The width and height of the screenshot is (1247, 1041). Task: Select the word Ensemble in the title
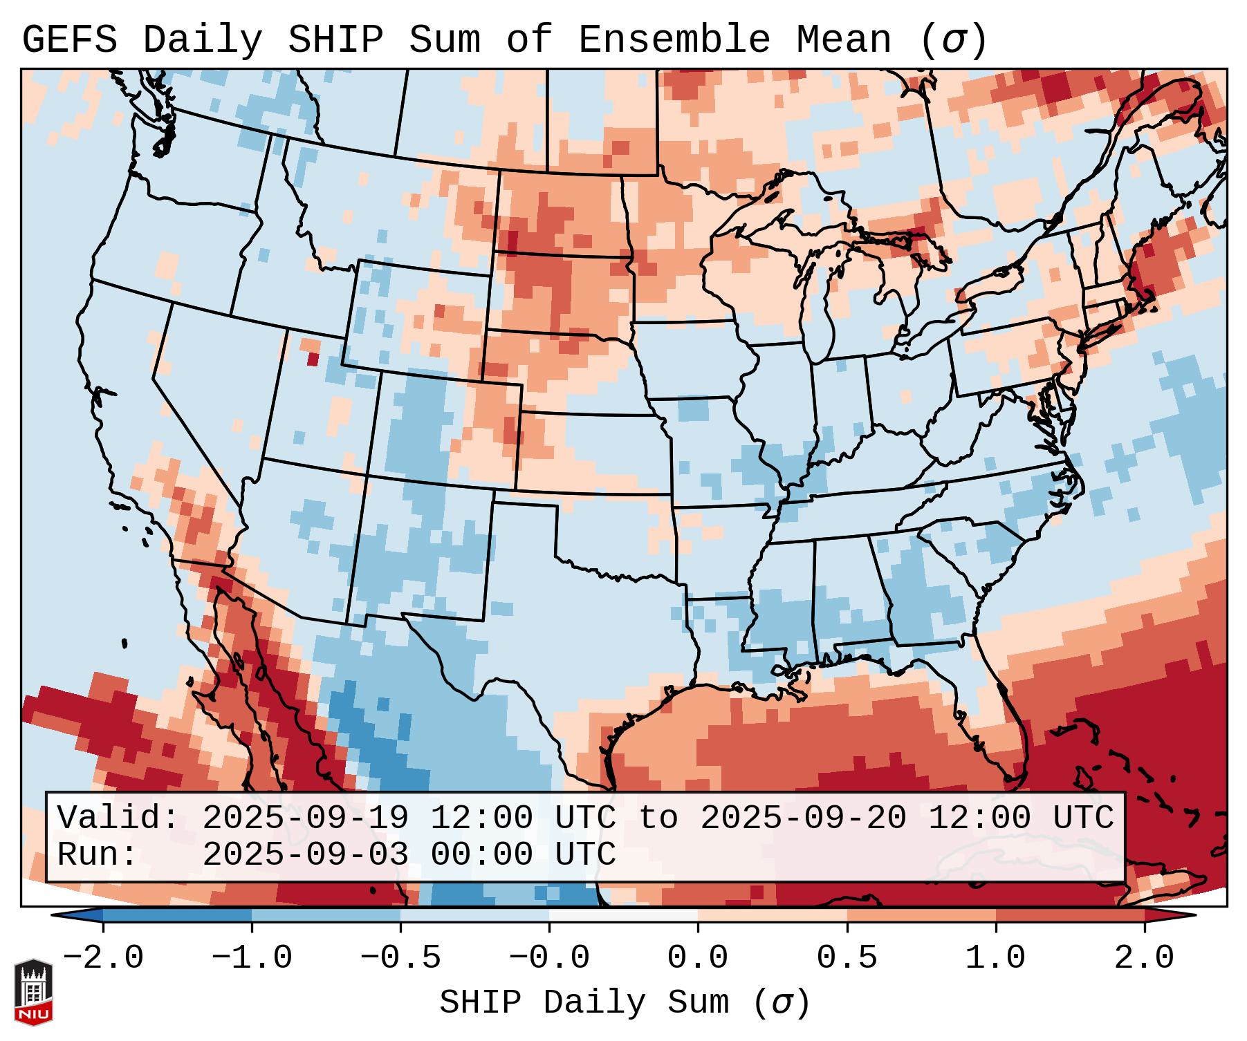[x=674, y=39]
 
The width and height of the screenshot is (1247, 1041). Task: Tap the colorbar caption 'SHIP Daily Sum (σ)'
[x=624, y=1003]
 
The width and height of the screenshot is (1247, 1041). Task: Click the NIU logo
[x=33, y=992]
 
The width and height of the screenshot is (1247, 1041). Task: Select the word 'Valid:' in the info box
[x=118, y=818]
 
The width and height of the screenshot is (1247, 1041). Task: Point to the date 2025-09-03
[x=305, y=854]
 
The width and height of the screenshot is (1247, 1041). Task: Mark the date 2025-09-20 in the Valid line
[x=803, y=818]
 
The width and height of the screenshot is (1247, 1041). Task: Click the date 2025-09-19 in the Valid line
[x=305, y=818]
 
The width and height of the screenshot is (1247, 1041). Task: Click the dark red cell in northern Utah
[x=313, y=359]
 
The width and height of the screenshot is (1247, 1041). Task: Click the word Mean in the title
[x=844, y=39]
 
